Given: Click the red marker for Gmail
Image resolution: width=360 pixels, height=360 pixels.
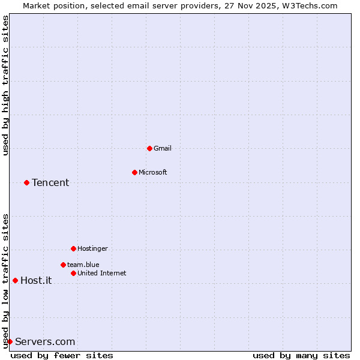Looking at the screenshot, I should pyautogui.click(x=149, y=148).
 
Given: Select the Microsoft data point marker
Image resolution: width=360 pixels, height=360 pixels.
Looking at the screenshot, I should pyautogui.click(x=134, y=172).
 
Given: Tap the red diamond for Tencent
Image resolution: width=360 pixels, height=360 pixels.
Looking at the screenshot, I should pyautogui.click(x=26, y=182).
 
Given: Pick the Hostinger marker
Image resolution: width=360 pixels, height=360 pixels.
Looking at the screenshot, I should pyautogui.click(x=73, y=248).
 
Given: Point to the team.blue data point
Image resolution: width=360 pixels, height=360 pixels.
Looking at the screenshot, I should pyautogui.click(x=63, y=265).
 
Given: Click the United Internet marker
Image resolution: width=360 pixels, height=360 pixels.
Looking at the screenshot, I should pyautogui.click(x=73, y=273).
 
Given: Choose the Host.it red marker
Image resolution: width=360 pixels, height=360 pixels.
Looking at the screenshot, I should pyautogui.click(x=15, y=280).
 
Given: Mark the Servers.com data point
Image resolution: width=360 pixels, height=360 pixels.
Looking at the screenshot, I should pyautogui.click(x=10, y=341).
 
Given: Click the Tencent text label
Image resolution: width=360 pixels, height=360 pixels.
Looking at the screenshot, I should pyautogui.click(x=50, y=182).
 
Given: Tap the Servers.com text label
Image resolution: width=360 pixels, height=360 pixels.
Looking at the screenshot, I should pyautogui.click(x=45, y=341).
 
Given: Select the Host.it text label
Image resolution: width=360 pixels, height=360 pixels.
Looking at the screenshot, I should pyautogui.click(x=36, y=280).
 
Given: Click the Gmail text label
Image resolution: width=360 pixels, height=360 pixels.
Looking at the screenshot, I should pyautogui.click(x=163, y=148).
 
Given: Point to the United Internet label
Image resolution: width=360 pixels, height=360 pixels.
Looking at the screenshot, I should pyautogui.click(x=102, y=273).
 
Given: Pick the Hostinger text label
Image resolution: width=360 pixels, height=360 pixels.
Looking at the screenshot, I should pyautogui.click(x=92, y=248).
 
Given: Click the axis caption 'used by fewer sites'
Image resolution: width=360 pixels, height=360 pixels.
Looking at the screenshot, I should pyautogui.click(x=62, y=355).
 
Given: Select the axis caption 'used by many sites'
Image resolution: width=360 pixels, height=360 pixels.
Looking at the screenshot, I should pyautogui.click(x=301, y=355).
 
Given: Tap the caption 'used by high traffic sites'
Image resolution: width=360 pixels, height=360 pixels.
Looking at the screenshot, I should pyautogui.click(x=5, y=85).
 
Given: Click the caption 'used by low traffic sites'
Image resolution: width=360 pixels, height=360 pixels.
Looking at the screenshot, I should pyautogui.click(x=5, y=281).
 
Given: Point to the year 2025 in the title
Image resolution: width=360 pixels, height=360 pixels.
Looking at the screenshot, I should pyautogui.click(x=262, y=5).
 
